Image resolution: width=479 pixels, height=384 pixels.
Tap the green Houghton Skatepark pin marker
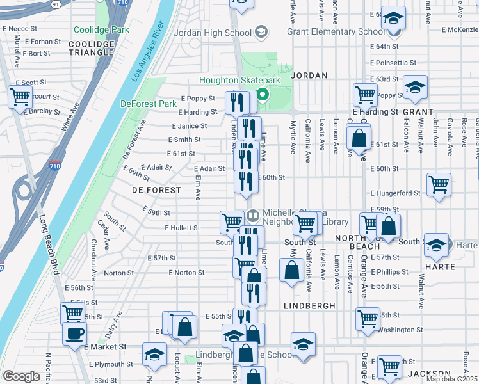click(x=263, y=97)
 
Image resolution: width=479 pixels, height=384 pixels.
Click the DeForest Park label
click(x=148, y=104)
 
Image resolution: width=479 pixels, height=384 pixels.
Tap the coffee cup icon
click(x=75, y=333)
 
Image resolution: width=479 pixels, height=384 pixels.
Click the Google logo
click(x=21, y=376)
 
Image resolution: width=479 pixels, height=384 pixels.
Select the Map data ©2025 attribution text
click(x=452, y=379)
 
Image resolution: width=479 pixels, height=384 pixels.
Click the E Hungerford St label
click(x=395, y=193)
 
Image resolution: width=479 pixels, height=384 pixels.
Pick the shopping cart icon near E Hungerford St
click(x=439, y=184)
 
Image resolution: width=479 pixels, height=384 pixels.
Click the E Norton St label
click(x=186, y=272)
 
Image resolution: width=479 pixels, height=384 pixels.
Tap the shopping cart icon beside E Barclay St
click(x=20, y=97)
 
